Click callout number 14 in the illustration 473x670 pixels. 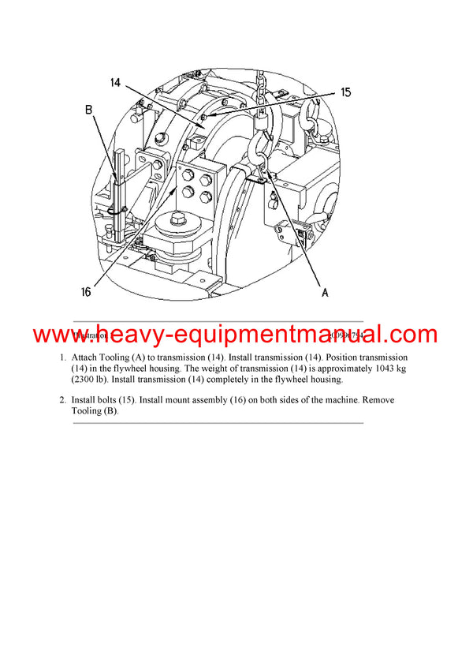click(115, 83)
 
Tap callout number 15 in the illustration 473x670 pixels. click(345, 92)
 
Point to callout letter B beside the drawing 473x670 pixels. click(89, 110)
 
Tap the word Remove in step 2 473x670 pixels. click(378, 400)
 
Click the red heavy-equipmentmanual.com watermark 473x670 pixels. click(236, 335)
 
